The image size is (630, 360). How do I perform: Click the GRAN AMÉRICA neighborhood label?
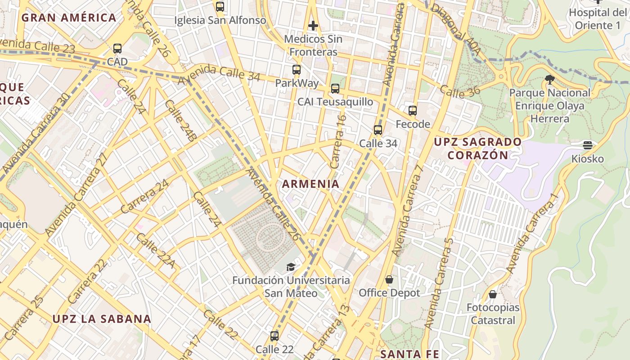coord(69,18)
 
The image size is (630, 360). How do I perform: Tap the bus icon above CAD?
coord(117,49)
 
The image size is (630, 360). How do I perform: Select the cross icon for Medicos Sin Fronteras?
coord(313,26)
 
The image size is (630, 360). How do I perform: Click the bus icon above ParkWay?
coord(296,70)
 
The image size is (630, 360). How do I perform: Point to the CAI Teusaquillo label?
coord(335,102)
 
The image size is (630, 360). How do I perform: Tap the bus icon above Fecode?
coord(413,111)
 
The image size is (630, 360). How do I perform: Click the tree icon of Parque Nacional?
coord(549,80)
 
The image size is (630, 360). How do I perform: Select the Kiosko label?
coord(587,159)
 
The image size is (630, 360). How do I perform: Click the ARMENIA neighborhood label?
coord(310,184)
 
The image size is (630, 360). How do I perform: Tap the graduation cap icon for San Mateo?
coord(291,267)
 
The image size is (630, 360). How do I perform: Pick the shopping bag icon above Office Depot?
coord(389,280)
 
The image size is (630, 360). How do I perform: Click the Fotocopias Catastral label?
coord(493,314)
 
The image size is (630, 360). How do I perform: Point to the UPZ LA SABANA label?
coord(102,319)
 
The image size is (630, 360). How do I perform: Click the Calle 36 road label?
coord(460,92)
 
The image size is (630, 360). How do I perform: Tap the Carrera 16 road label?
coord(338,142)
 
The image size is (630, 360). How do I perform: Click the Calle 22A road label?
coord(155,250)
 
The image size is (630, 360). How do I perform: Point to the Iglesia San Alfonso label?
coord(220,20)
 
